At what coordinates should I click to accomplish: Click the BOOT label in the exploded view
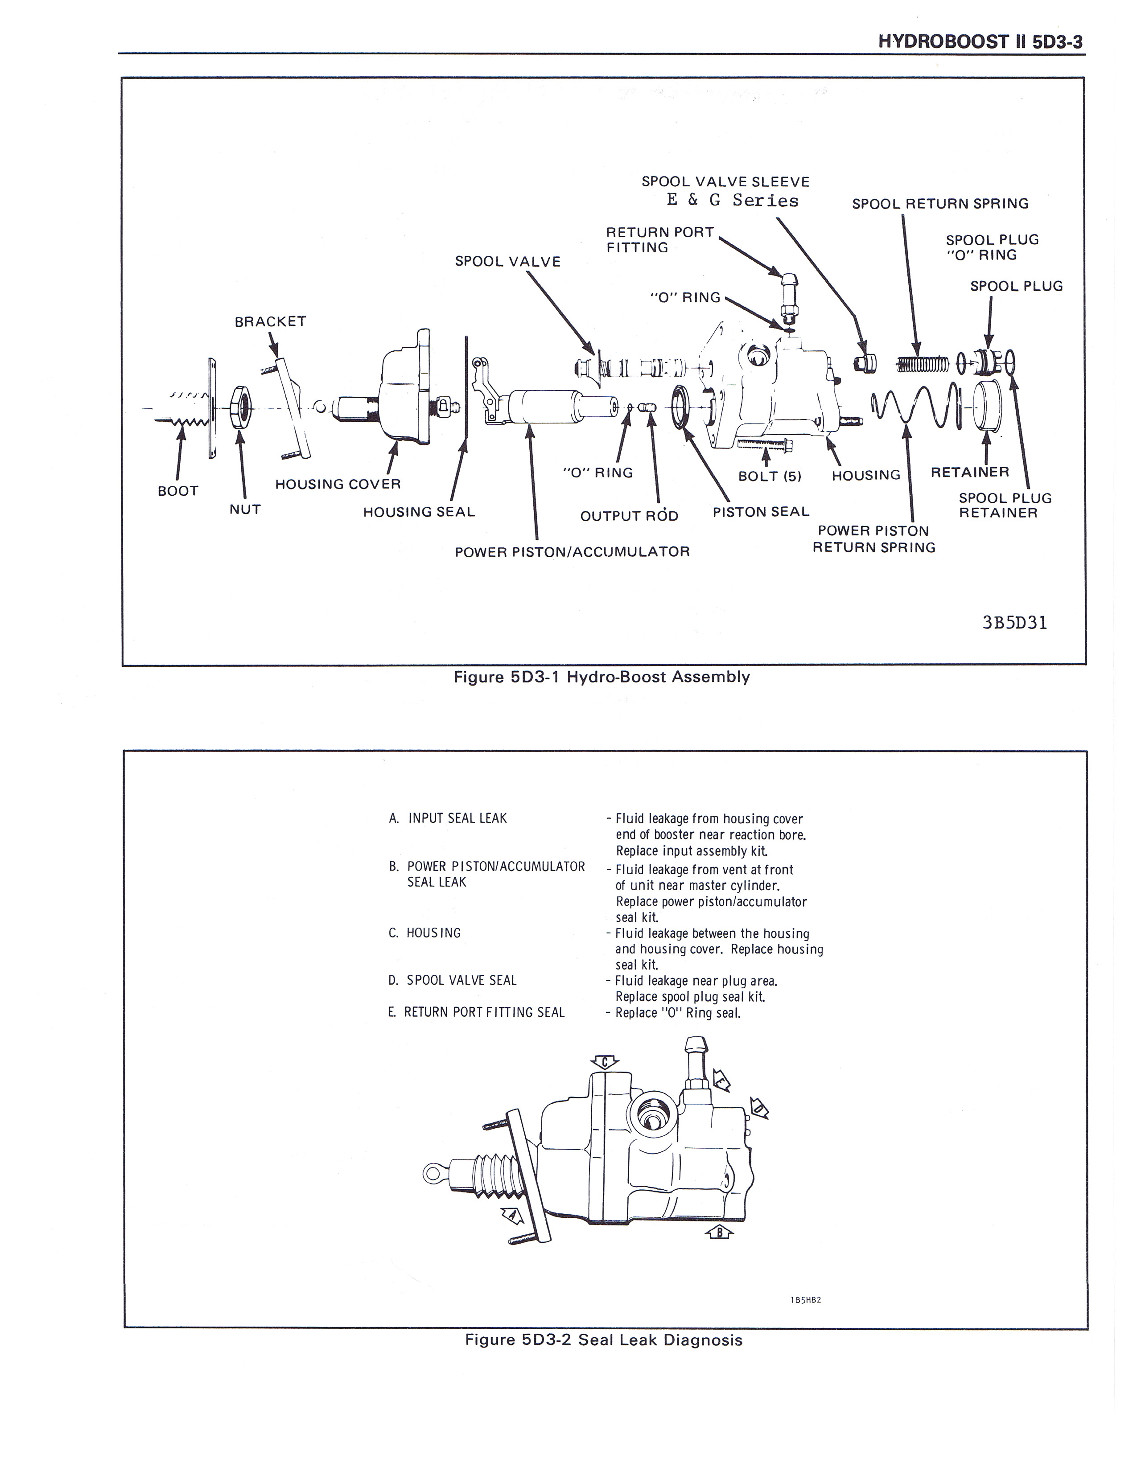click(178, 491)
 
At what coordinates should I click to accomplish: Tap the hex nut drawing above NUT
click(240, 407)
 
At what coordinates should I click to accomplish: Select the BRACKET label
click(270, 322)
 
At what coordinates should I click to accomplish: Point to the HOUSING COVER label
click(338, 484)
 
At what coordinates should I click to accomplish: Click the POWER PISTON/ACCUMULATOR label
click(572, 552)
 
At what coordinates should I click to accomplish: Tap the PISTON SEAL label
click(761, 512)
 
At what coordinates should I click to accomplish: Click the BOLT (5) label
click(769, 476)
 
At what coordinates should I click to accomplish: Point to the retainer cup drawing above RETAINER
click(987, 405)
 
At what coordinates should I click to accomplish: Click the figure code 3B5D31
click(1014, 623)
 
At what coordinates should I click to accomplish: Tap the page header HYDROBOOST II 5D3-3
click(980, 42)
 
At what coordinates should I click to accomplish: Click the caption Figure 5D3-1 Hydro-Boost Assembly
click(601, 677)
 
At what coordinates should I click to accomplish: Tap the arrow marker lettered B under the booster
click(719, 1232)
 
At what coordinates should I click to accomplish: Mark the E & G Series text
click(732, 201)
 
